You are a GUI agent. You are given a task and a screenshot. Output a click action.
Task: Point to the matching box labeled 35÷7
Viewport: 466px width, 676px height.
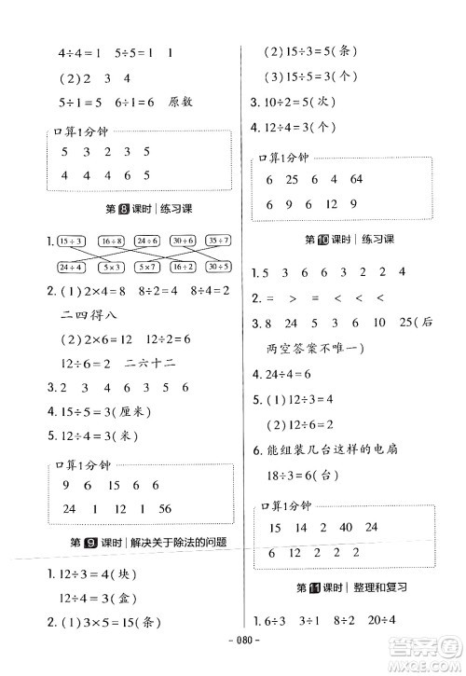tap(218, 241)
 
